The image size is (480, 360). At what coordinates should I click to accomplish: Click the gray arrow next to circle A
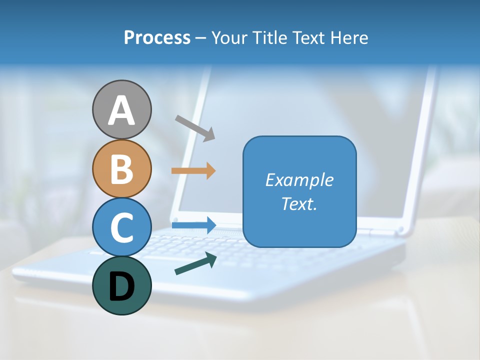[x=195, y=127]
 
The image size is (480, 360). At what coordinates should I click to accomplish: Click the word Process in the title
[x=157, y=38]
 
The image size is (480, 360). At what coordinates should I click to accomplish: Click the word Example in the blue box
[x=299, y=180]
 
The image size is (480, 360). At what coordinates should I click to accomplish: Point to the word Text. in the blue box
[x=299, y=204]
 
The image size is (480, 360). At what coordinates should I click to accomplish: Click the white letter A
[x=122, y=111]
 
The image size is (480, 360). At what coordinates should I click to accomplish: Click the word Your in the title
[x=231, y=38]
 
